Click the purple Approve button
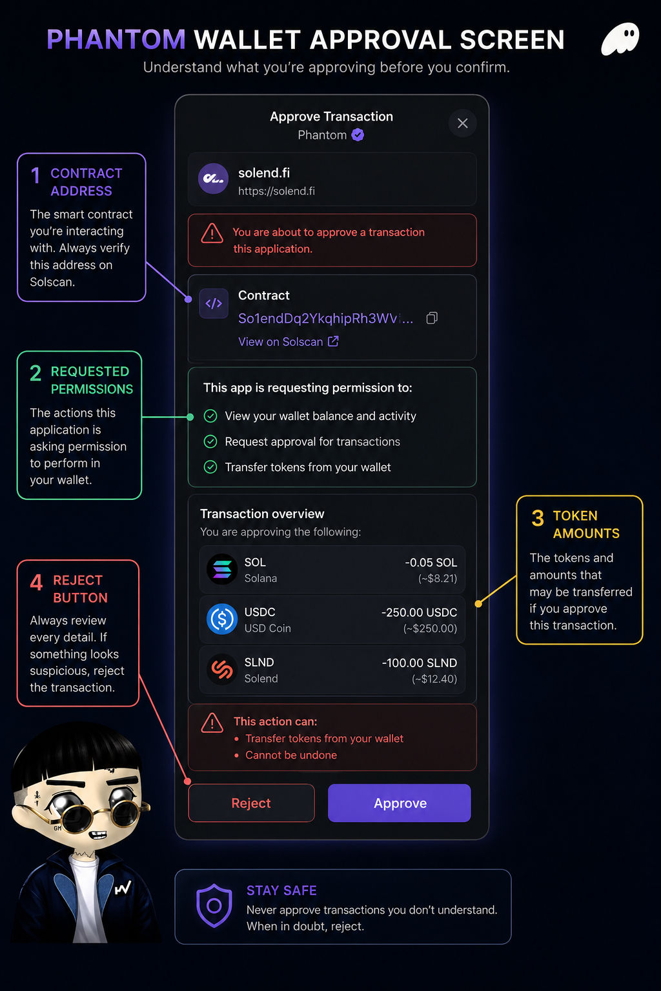point(400,803)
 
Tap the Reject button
point(252,803)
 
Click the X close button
point(463,123)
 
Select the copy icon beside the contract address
point(432,318)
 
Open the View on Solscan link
point(289,341)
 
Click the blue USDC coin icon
point(222,619)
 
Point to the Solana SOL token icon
point(222,570)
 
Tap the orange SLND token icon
point(222,669)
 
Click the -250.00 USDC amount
point(420,612)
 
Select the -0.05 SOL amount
point(431,563)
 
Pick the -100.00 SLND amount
point(420,663)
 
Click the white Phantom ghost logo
point(620,39)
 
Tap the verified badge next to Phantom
point(358,135)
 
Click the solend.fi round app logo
point(214,179)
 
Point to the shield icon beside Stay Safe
point(214,906)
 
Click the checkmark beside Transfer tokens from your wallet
point(210,467)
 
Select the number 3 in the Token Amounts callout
point(538,518)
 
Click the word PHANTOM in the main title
point(116,40)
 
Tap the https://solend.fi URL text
point(277,191)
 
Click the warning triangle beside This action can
point(212,723)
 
